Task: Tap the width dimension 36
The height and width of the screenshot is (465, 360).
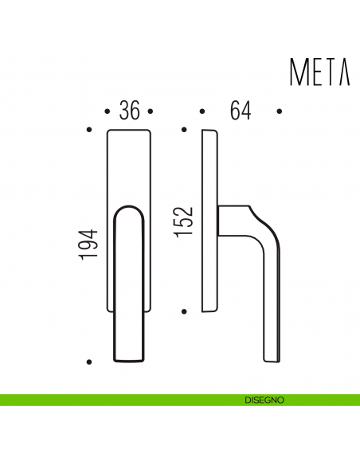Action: click(129, 111)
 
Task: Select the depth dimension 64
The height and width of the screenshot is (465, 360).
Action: click(240, 111)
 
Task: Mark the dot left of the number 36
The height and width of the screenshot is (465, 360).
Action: click(108, 111)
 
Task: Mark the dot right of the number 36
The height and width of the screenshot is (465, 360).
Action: click(151, 111)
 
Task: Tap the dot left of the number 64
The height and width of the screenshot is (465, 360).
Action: click(202, 111)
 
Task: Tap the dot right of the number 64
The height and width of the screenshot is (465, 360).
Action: click(279, 111)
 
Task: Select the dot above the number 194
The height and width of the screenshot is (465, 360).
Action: click(89, 129)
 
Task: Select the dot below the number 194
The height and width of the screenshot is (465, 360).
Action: click(89, 362)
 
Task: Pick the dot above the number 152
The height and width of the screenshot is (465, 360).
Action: click(184, 129)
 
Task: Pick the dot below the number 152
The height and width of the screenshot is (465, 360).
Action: click(184, 311)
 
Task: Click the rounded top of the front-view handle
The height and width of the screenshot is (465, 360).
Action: click(128, 209)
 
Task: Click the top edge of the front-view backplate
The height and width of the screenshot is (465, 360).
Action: click(128, 129)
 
